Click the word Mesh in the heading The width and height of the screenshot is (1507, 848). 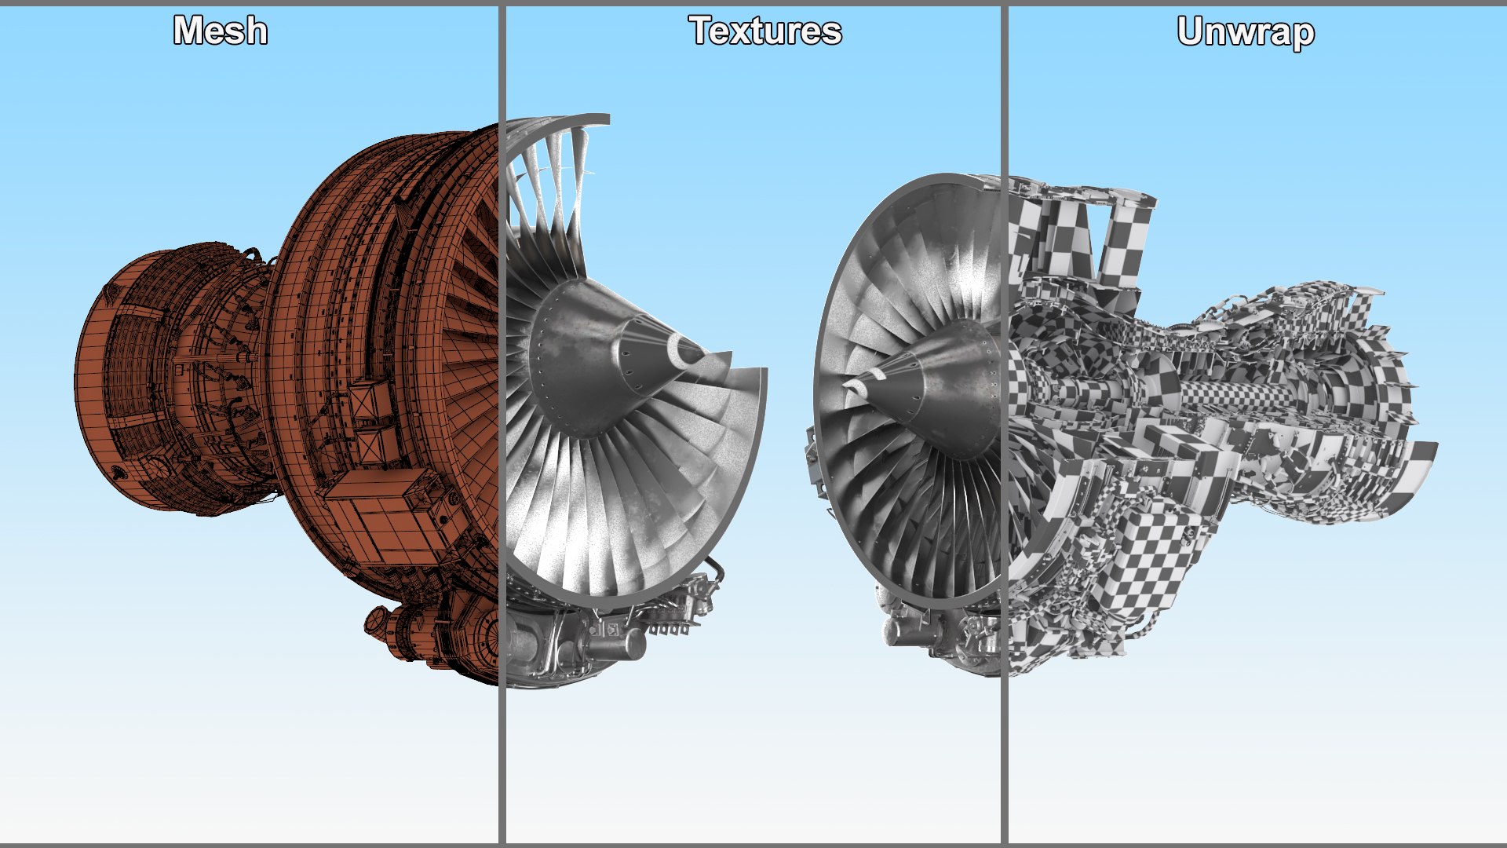221,31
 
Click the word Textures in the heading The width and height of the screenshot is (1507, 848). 765,31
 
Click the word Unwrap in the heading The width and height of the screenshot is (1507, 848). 1246,33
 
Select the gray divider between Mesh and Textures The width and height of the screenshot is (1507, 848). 502,424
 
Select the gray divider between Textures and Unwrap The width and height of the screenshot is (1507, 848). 1004,424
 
